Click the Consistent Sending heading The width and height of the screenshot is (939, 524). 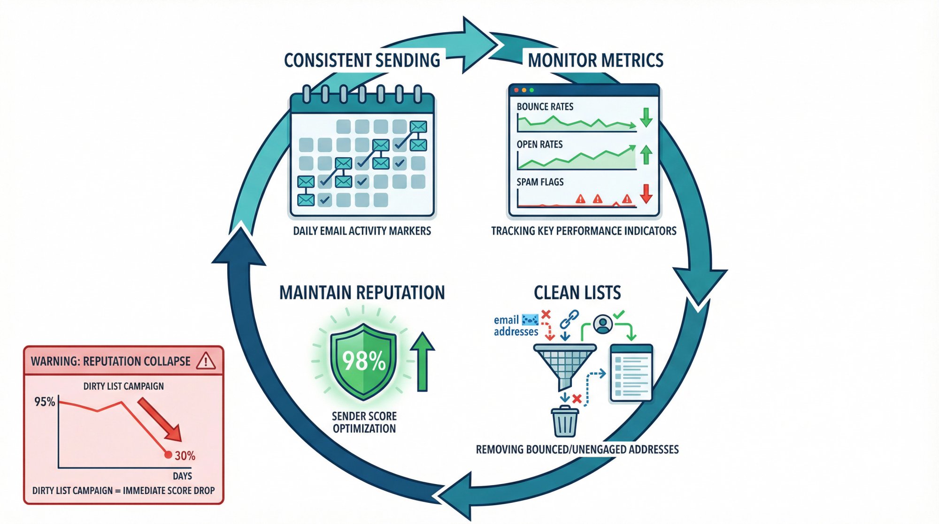[362, 61]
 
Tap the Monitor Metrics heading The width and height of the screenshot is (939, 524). [595, 61]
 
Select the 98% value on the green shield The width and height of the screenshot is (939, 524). [364, 361]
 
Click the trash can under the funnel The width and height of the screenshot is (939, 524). [565, 421]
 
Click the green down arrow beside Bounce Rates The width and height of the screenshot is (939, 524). [646, 117]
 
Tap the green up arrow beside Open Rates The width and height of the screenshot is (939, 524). [646, 154]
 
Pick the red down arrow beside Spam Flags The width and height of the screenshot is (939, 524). [646, 193]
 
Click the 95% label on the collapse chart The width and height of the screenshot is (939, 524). [45, 402]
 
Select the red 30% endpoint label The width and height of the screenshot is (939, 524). [185, 456]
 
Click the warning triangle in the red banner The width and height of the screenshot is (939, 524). [206, 361]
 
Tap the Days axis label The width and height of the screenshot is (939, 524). [182, 476]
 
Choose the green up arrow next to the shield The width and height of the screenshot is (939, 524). [422, 362]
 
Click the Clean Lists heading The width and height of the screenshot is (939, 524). [577, 293]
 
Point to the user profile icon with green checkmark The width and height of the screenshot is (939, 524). [603, 324]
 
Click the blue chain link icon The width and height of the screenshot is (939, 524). [569, 319]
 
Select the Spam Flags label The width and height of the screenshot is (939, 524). [540, 182]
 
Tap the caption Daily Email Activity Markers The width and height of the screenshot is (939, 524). [362, 231]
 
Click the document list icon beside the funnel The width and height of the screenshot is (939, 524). [631, 373]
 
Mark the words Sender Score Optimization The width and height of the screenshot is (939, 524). [364, 422]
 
